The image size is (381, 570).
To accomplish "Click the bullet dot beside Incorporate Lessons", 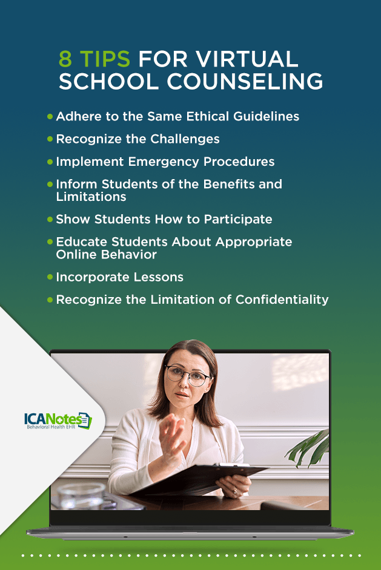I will point(50,277).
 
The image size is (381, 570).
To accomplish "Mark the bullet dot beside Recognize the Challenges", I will point(50,139).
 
